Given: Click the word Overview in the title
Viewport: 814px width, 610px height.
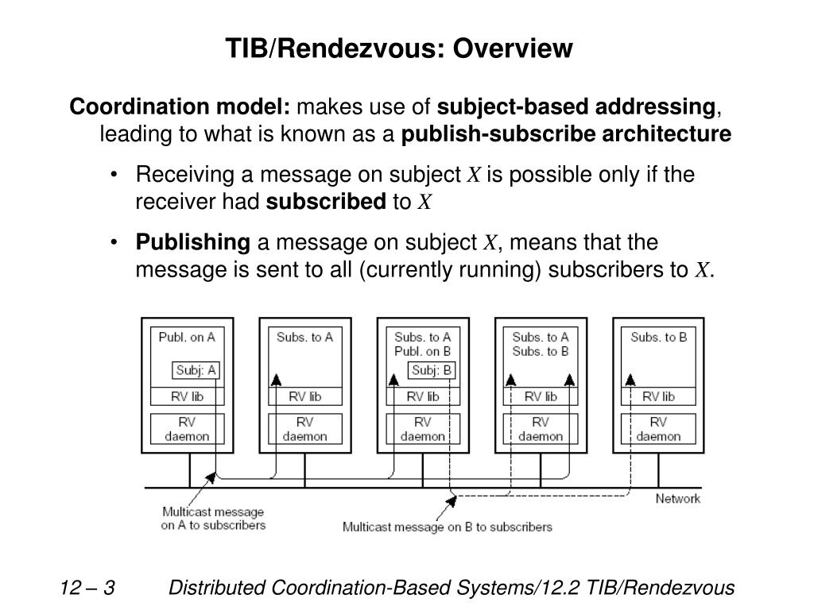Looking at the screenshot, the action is click(x=513, y=48).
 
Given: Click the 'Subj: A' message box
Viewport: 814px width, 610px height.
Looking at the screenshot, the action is click(x=196, y=370).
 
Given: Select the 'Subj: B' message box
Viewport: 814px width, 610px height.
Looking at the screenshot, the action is click(x=432, y=370).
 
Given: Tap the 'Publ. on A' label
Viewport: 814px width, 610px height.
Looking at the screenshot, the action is click(x=187, y=337).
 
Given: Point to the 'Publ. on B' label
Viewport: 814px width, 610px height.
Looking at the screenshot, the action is click(x=423, y=352).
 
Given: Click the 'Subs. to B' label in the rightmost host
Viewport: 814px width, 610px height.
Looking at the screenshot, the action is click(x=658, y=337).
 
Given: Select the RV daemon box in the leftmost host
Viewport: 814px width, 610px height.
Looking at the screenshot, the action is click(x=187, y=429).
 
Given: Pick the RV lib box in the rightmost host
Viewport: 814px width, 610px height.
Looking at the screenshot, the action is click(x=658, y=396).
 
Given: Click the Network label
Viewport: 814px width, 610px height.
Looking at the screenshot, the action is click(x=677, y=499).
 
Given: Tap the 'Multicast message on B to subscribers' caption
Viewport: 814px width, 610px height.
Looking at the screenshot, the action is click(x=447, y=527).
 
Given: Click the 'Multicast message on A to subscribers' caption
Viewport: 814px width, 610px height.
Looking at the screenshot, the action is click(x=213, y=518).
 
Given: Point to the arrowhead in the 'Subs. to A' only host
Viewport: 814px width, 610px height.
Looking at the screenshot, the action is click(x=276, y=380).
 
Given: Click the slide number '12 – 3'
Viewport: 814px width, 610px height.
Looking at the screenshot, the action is click(x=87, y=588).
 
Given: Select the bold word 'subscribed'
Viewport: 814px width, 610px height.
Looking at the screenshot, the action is click(x=326, y=202).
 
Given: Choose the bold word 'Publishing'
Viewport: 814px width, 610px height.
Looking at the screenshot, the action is click(x=193, y=243).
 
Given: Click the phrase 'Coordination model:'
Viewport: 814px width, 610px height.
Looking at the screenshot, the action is click(x=180, y=106).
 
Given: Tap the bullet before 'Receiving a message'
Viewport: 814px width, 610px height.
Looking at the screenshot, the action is click(x=114, y=175).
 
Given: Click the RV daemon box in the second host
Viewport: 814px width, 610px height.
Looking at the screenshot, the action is click(x=304, y=429).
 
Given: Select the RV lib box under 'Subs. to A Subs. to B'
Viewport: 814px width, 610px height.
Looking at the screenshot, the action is click(x=541, y=396).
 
